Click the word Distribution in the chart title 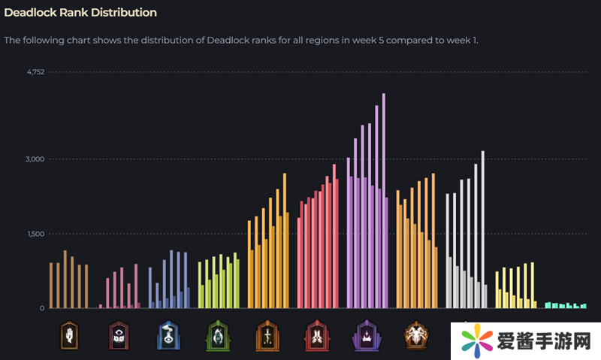coord(121,13)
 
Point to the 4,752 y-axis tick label coord(35,72)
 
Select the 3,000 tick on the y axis coord(35,159)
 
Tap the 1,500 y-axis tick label coord(35,234)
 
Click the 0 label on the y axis coord(42,308)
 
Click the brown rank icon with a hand coord(69,335)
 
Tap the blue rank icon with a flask coord(168,335)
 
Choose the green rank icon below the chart coord(217,335)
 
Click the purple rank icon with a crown coord(365,335)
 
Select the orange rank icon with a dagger coord(267,335)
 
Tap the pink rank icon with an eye coord(119,335)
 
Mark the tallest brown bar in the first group coord(65,279)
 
